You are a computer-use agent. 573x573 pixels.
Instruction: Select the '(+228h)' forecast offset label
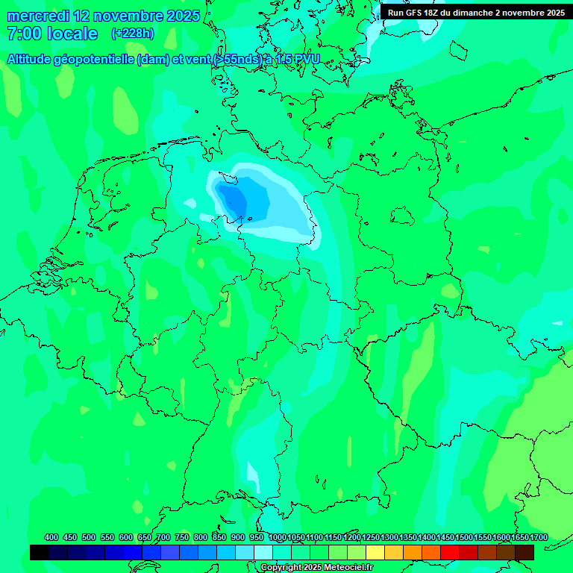click(x=132, y=34)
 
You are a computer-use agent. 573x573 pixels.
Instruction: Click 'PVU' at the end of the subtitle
click(x=306, y=60)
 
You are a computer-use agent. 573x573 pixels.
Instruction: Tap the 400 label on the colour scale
click(x=51, y=537)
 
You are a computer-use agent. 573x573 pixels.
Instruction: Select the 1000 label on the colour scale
click(x=278, y=537)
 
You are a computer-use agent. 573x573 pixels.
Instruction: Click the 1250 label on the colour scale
click(x=371, y=537)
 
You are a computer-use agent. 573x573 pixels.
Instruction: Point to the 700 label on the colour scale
click(x=163, y=537)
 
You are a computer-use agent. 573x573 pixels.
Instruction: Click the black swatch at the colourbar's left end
click(x=40, y=552)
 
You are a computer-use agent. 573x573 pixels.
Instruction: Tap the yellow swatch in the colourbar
click(x=375, y=552)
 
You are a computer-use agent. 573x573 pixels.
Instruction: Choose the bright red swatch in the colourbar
click(x=450, y=552)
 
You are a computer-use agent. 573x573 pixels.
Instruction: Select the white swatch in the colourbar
click(x=263, y=552)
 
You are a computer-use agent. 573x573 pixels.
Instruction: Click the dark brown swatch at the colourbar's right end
click(x=525, y=552)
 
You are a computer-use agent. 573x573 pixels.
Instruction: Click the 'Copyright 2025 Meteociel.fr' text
click(x=317, y=568)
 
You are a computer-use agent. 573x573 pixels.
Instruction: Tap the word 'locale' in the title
click(x=72, y=34)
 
